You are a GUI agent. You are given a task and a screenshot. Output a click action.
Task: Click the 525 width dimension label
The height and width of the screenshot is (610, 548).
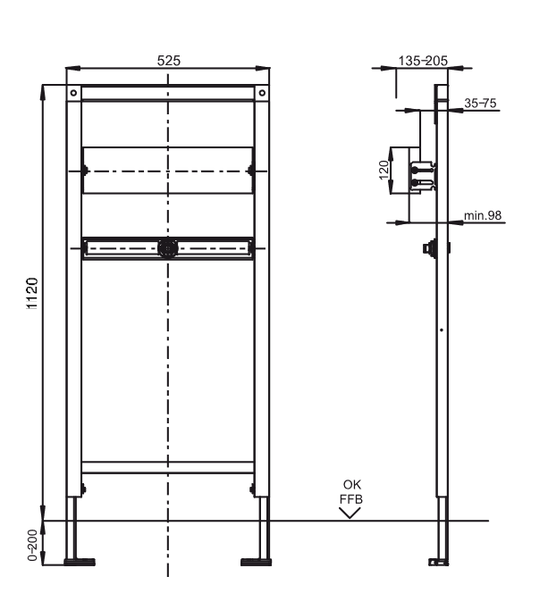[169, 61]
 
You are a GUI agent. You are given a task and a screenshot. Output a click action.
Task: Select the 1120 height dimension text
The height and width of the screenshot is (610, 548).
[30, 293]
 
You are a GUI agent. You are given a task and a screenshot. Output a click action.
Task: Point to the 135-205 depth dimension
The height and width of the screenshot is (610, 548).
[422, 63]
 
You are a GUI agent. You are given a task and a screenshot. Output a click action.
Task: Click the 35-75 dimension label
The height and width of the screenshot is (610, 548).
[481, 104]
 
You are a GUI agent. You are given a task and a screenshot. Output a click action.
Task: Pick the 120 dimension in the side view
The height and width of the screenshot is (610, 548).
[384, 170]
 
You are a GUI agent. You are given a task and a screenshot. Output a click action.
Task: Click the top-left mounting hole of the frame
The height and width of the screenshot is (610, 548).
[73, 93]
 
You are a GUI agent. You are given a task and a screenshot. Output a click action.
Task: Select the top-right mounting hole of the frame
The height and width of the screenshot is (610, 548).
[262, 93]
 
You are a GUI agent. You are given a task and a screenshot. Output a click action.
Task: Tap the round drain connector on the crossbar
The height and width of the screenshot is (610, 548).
[167, 247]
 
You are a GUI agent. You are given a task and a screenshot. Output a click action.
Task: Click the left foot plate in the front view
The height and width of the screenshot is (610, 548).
[80, 562]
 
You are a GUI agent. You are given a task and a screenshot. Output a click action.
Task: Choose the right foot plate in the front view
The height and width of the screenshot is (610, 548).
[255, 562]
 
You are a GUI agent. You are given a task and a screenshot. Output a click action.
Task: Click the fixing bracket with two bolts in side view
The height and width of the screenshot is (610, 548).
[421, 174]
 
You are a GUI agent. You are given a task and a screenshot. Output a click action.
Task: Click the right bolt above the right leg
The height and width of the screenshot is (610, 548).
[253, 488]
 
